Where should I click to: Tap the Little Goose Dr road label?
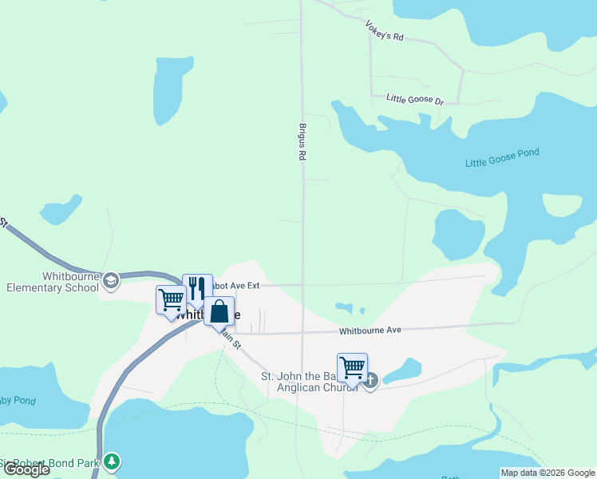point(414,99)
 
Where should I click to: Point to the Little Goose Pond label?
point(502,157)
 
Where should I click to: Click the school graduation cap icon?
point(111,279)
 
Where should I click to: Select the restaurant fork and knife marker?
point(197,288)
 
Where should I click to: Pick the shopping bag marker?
point(219,311)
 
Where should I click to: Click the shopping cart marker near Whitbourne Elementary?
point(171,300)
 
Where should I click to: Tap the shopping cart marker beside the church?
point(352,368)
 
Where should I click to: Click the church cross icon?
point(370,381)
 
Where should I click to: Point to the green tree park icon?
point(113,461)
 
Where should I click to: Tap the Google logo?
point(26,469)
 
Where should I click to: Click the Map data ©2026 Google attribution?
point(547,473)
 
